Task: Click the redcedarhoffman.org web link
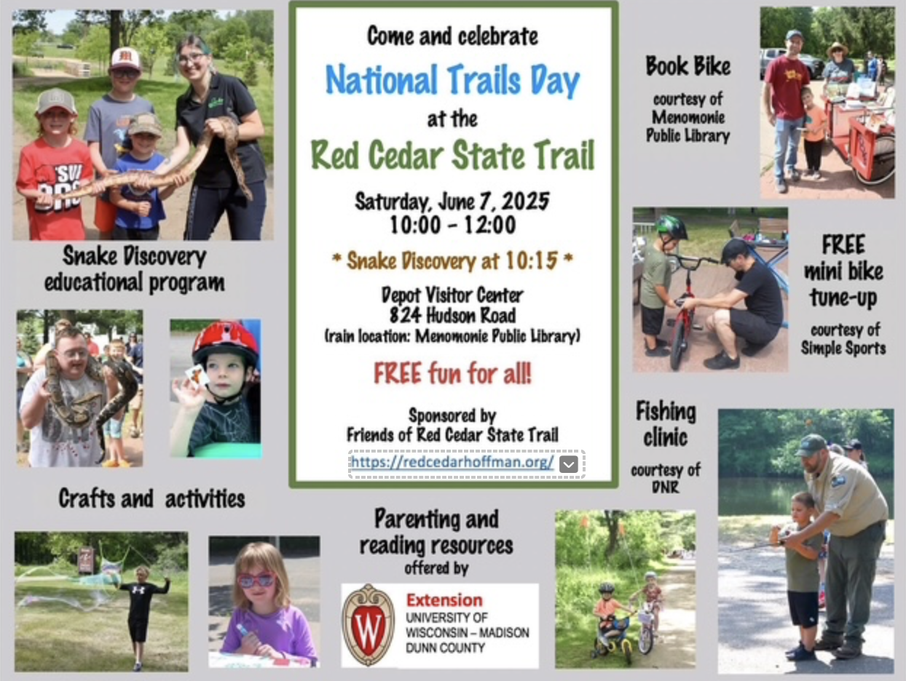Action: pos(452,463)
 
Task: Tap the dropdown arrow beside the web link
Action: pos(568,465)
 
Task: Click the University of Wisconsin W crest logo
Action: pos(369,624)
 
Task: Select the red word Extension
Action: pos(444,600)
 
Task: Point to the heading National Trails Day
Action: pos(452,81)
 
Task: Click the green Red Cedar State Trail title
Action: pos(452,156)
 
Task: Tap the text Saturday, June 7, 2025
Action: pos(452,202)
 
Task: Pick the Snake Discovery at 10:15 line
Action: pos(452,261)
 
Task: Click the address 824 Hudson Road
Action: pos(452,316)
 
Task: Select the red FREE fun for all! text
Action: pos(452,373)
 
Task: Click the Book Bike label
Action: pos(688,66)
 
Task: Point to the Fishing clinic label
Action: pos(666,423)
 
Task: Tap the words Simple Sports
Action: pos(843,349)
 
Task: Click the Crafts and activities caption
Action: pos(152,499)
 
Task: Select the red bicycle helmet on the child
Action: pos(225,341)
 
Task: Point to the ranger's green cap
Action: pos(811,445)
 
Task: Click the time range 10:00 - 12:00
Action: pos(452,225)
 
